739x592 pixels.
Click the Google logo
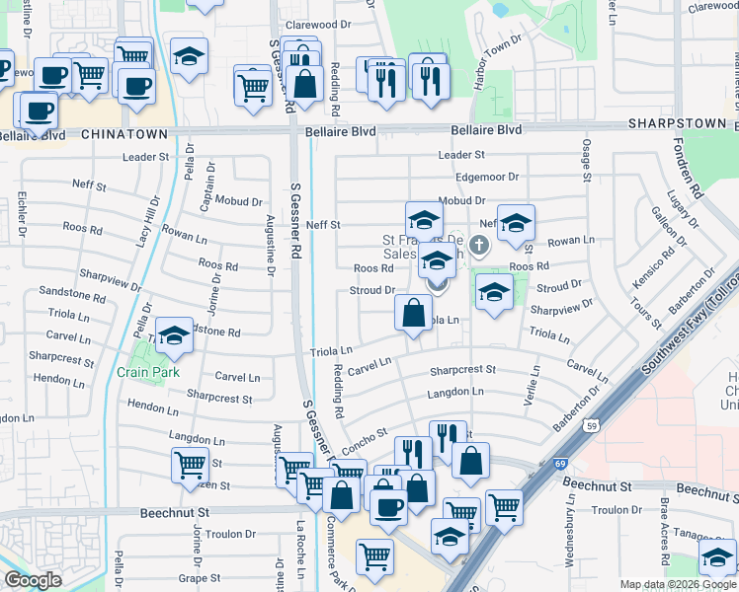click(x=33, y=580)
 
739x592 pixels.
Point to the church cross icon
click(x=478, y=244)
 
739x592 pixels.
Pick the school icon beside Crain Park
click(x=174, y=336)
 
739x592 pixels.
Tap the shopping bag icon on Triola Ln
click(x=413, y=314)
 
